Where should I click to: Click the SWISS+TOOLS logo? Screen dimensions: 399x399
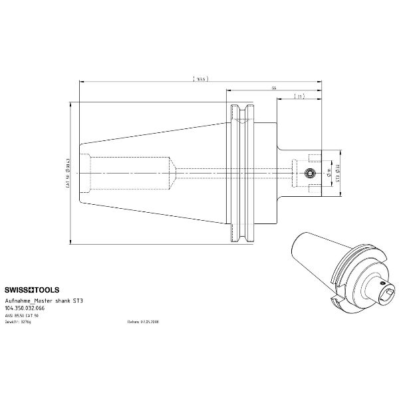(32, 290)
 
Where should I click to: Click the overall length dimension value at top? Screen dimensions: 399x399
(201, 78)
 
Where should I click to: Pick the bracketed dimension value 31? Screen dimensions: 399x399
(300, 97)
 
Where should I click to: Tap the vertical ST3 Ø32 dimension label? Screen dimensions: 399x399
(338, 173)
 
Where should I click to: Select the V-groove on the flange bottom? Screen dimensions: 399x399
(241, 234)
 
